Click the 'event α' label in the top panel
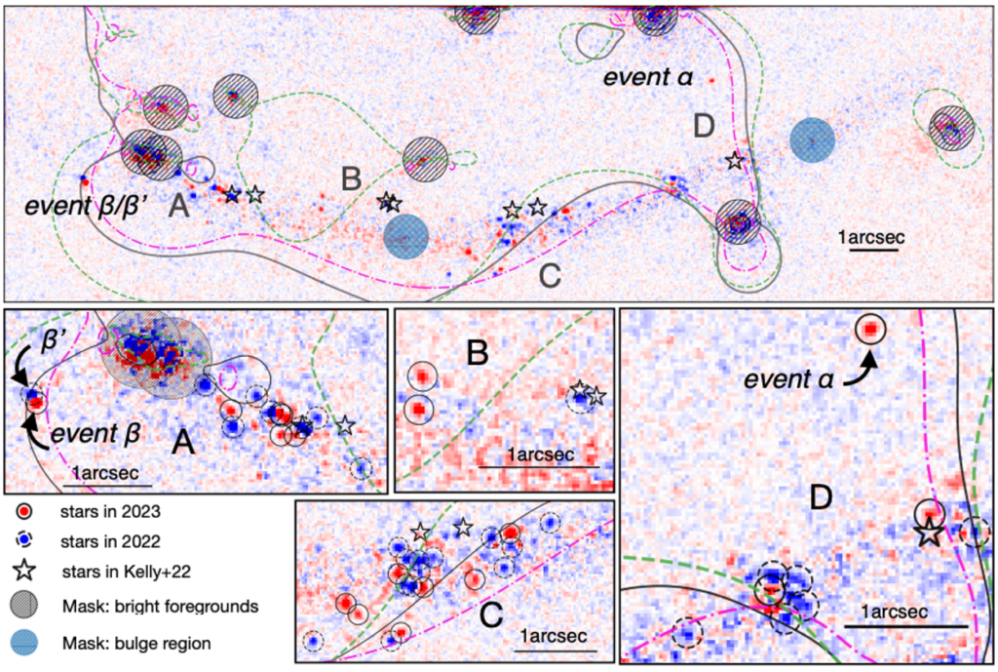click(648, 78)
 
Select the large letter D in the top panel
click(704, 126)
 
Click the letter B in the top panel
click(351, 179)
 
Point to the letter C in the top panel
click(550, 276)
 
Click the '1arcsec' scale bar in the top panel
click(873, 249)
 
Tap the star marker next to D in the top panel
click(735, 161)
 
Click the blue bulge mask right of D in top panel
click(812, 140)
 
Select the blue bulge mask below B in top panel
click(406, 236)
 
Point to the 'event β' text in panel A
click(95, 434)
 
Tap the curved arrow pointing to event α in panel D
click(861, 372)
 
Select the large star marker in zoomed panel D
click(929, 532)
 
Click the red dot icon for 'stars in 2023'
click(24, 511)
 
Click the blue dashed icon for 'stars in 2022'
click(24, 540)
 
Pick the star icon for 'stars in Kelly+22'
click(24, 571)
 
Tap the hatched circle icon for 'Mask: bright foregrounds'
click(24, 605)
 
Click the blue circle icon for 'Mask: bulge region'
click(24, 643)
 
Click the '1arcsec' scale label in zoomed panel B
click(541, 455)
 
